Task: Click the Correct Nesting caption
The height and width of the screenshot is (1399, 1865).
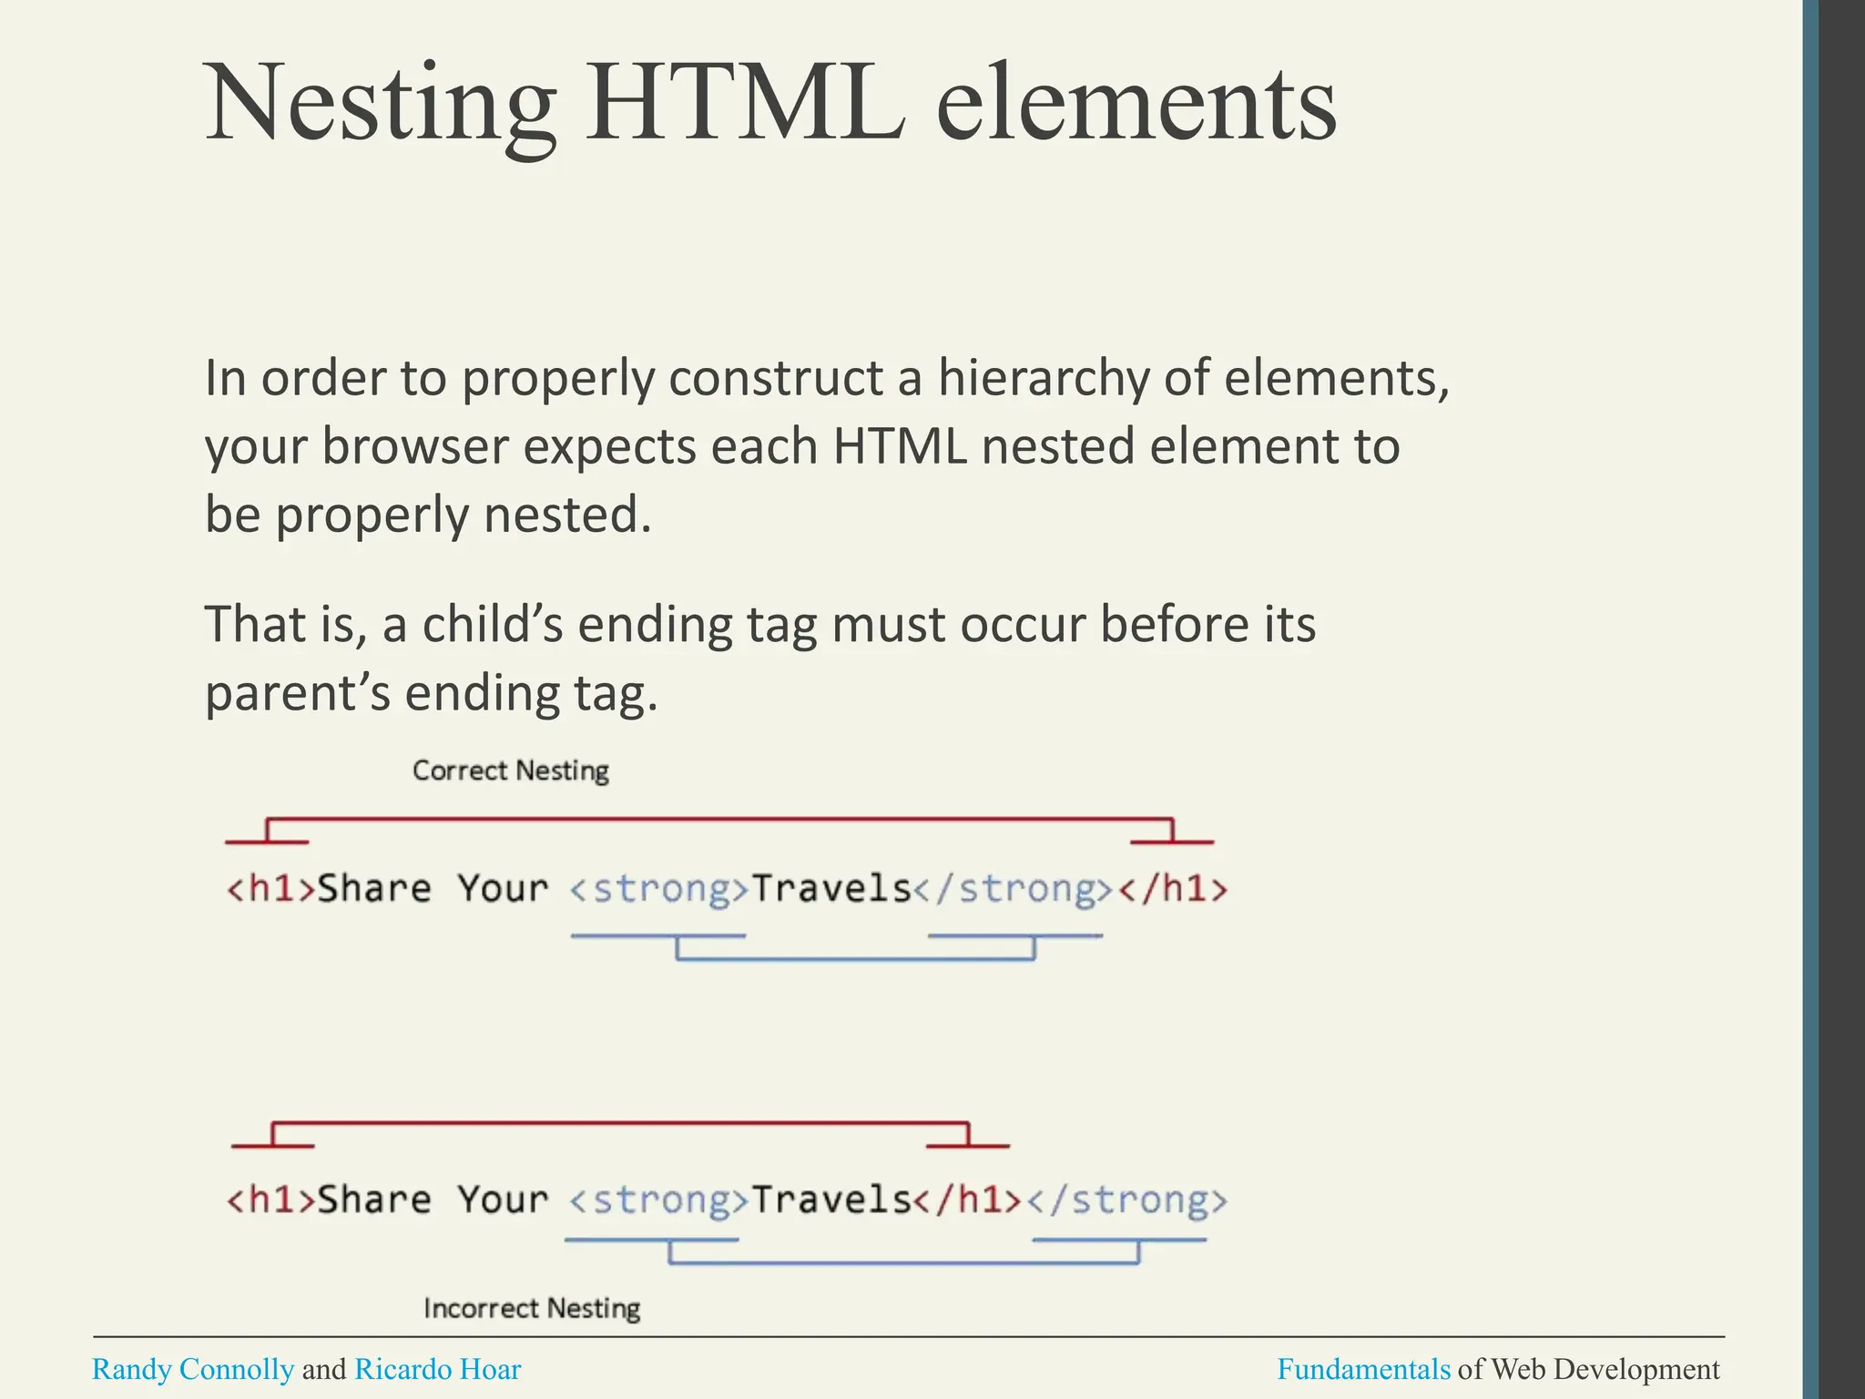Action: point(510,771)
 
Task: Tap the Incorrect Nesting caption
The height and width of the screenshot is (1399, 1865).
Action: point(532,1309)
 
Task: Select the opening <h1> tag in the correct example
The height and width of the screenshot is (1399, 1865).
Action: point(270,888)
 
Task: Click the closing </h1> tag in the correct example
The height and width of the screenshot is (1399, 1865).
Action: point(1173,888)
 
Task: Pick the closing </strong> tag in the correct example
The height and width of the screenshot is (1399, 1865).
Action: point(1014,888)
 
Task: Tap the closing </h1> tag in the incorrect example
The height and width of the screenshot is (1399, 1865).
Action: point(968,1200)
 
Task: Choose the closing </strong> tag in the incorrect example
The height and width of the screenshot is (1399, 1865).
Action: point(1127,1200)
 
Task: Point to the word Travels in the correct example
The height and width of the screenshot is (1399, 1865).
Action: point(831,888)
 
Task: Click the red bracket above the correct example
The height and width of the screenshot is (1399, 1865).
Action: point(719,820)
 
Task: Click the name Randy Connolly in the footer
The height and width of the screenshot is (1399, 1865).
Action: point(193,1369)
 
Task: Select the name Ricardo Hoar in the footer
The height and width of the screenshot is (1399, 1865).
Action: point(437,1369)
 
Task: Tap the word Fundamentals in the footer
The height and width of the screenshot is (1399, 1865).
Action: point(1363,1369)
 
